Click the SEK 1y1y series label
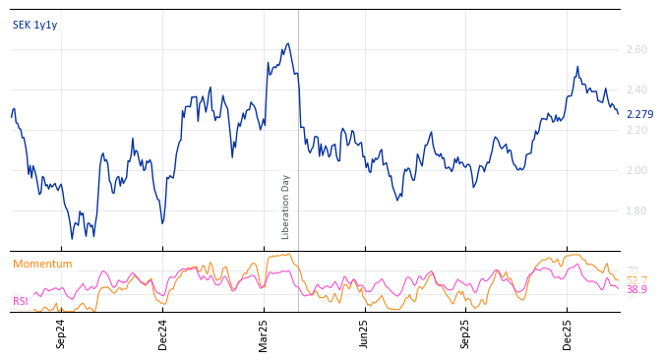[x=35, y=25]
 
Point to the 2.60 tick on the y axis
[x=636, y=49]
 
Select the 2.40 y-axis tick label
[x=636, y=90]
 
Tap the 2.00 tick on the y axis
[x=636, y=170]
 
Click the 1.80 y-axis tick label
[x=636, y=210]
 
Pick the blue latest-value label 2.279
[x=639, y=115]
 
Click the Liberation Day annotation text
[x=286, y=207]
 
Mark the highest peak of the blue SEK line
[x=287, y=43]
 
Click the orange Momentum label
[x=42, y=264]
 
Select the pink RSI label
[x=20, y=301]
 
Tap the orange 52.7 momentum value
[x=636, y=280]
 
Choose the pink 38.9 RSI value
[x=636, y=290]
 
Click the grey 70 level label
[x=633, y=270]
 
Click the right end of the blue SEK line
[x=619, y=114]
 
